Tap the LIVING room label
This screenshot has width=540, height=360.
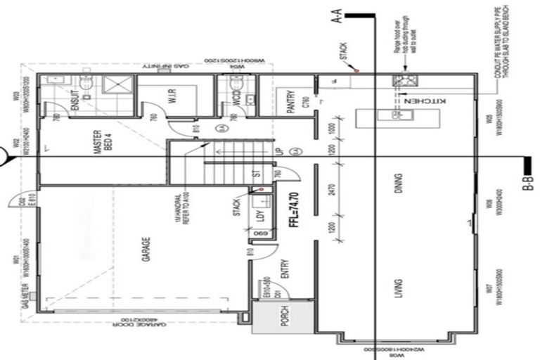pos(399,288)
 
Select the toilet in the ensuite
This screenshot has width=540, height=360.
pos(86,85)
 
